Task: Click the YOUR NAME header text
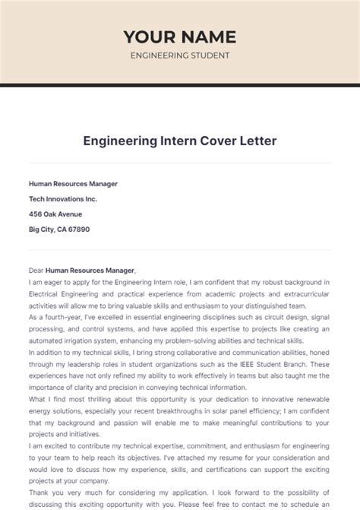click(x=180, y=36)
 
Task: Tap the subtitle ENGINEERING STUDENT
click(x=180, y=55)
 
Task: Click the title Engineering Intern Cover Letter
click(x=180, y=141)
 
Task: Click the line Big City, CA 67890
click(x=59, y=229)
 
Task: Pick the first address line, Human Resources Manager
click(x=73, y=183)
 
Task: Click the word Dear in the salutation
click(x=36, y=270)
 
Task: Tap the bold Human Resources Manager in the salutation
click(x=90, y=270)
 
